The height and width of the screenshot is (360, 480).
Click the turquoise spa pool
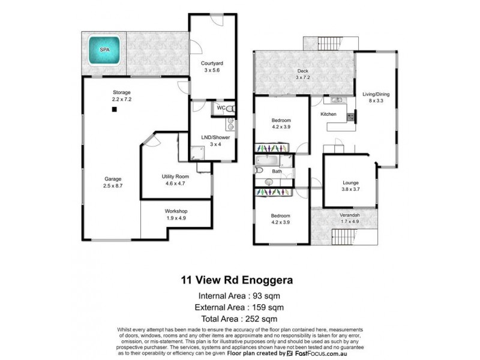pos(105,52)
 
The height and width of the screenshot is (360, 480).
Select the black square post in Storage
pos(113,110)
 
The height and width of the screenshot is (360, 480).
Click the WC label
pos(221,108)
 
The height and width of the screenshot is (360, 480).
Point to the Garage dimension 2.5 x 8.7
pos(112,187)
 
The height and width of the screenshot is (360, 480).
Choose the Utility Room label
pos(176,176)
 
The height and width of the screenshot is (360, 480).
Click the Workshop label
pos(176,211)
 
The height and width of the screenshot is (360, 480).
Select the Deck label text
pos(302,71)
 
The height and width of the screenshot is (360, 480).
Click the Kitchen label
pos(328,114)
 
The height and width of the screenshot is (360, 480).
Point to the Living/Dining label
pos(376,94)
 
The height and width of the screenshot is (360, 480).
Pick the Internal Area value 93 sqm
pos(265,296)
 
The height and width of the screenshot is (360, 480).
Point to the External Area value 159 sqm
pos(267,307)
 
